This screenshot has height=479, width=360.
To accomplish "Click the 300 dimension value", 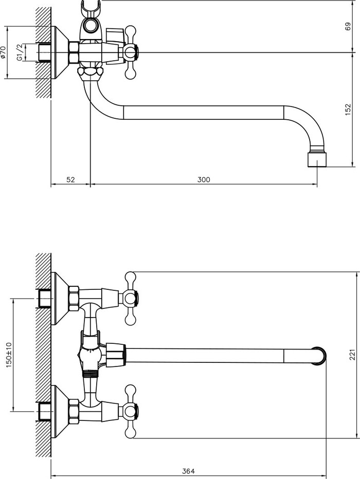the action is [204, 180].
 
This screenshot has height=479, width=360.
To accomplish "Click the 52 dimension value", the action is [70, 180].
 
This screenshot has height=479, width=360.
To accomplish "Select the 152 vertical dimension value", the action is [348, 109].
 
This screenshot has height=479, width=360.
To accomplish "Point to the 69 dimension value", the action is [348, 26].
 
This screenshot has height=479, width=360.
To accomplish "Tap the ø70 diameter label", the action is [4, 52].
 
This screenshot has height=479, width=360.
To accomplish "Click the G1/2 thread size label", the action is [20, 52].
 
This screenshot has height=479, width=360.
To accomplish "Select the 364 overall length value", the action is [188, 471].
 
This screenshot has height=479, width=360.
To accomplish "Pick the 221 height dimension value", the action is [352, 355].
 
